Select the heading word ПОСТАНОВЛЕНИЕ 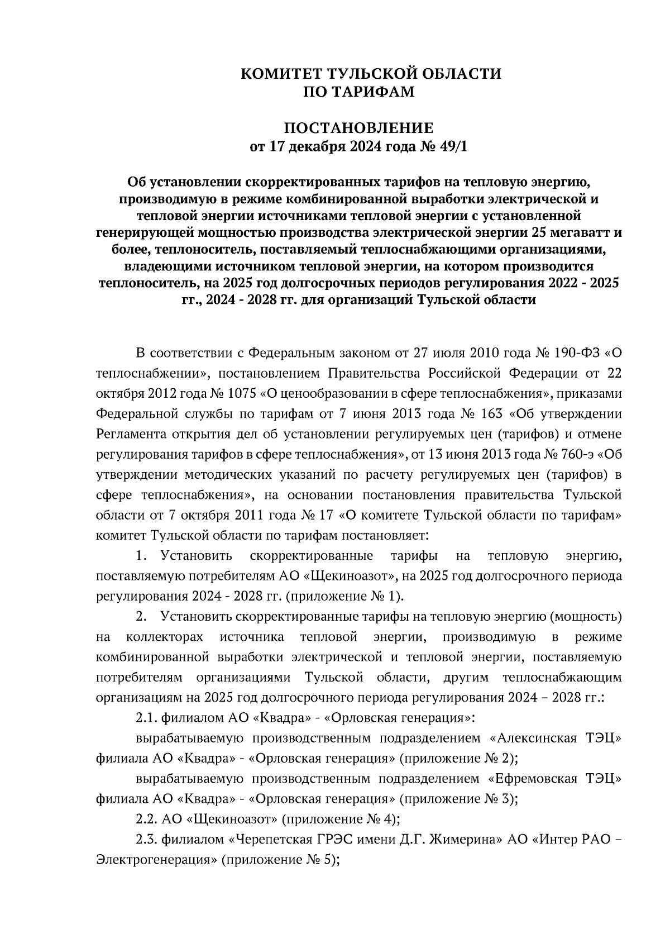coord(358,128)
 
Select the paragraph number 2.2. coord(147,820)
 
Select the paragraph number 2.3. coord(147,840)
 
